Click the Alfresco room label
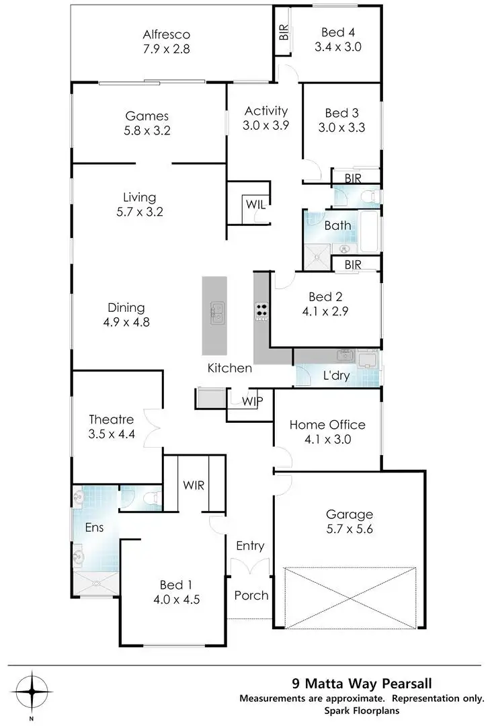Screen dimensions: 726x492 167,34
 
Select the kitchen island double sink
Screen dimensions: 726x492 217,313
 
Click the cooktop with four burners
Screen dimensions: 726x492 261,312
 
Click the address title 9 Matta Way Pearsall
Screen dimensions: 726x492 361,685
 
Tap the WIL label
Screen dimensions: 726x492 255,204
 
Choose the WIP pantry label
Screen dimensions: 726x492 253,401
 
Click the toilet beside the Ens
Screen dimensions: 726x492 153,497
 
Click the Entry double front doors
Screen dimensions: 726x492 250,569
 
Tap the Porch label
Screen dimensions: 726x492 251,595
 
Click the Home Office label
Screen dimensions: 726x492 327,425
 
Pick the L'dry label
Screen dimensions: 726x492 335,376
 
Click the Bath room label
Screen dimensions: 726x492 337,225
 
